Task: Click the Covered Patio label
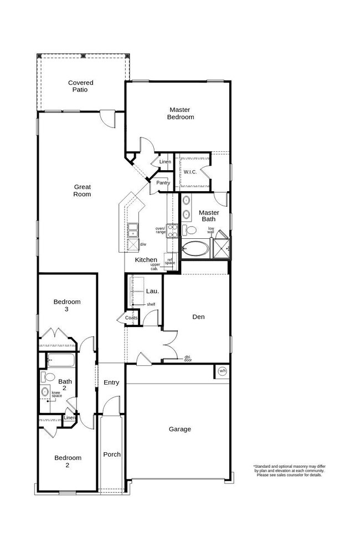(x=81, y=86)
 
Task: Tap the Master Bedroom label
(x=181, y=114)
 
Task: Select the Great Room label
(x=83, y=191)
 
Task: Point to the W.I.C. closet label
(x=191, y=172)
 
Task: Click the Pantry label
(x=163, y=183)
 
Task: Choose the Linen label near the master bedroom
(x=165, y=162)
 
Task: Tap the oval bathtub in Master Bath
(x=196, y=248)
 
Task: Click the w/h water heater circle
(x=223, y=371)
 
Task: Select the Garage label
(x=180, y=429)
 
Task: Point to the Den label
(x=198, y=317)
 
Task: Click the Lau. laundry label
(x=152, y=291)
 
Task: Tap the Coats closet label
(x=131, y=318)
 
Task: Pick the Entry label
(x=111, y=382)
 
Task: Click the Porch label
(x=112, y=454)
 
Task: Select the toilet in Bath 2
(x=48, y=377)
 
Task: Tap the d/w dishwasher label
(x=143, y=244)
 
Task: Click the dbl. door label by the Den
(x=188, y=359)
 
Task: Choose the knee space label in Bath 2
(x=57, y=395)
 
